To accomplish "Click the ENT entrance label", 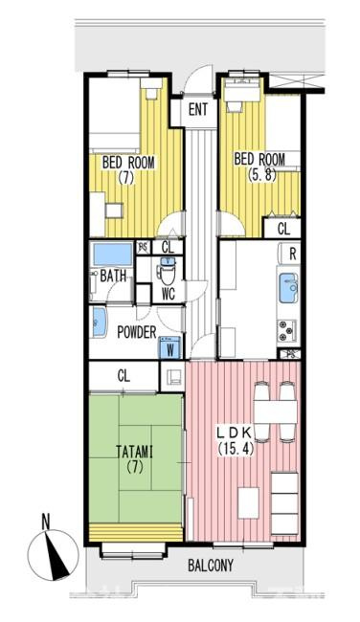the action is (x=197, y=109).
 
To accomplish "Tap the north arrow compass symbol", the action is (x=53, y=553).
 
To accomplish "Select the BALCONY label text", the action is (x=211, y=566).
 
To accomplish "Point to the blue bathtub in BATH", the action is (x=112, y=255).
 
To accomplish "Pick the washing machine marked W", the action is (x=170, y=347).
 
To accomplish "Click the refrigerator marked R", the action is (x=289, y=254).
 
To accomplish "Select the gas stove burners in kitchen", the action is (x=287, y=330).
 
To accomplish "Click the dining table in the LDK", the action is (x=275, y=411).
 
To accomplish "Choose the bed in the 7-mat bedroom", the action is (x=114, y=115).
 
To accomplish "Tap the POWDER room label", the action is (x=137, y=332).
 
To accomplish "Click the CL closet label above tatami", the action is (x=124, y=376).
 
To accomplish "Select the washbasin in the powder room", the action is (x=99, y=322).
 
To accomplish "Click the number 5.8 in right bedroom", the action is (x=260, y=174).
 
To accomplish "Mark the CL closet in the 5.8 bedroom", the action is (x=283, y=229).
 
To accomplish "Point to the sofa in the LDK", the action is (x=284, y=503).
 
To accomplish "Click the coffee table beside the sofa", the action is (x=248, y=502).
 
